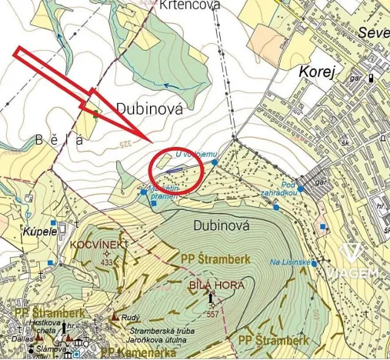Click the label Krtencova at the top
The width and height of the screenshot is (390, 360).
coord(190,5)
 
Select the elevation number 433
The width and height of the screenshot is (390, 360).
coord(106,262)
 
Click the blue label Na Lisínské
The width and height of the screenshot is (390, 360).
coord(289,262)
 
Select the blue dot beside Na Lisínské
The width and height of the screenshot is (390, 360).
coord(314,262)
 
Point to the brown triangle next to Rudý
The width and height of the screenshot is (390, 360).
coord(115,316)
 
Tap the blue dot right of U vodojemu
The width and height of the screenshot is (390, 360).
coord(215,163)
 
